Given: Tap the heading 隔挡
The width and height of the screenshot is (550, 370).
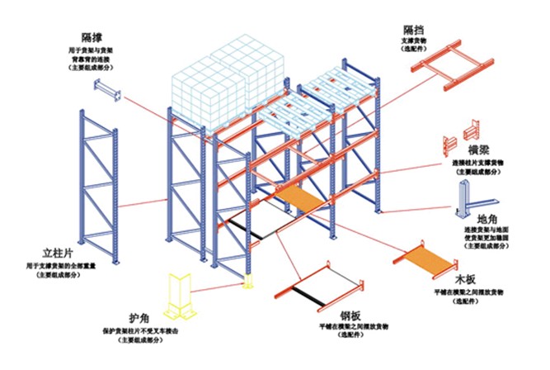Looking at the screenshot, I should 415,29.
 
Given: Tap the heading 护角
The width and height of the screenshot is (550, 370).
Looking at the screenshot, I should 138,320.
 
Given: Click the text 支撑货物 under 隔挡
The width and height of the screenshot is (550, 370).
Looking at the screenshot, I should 414,40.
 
